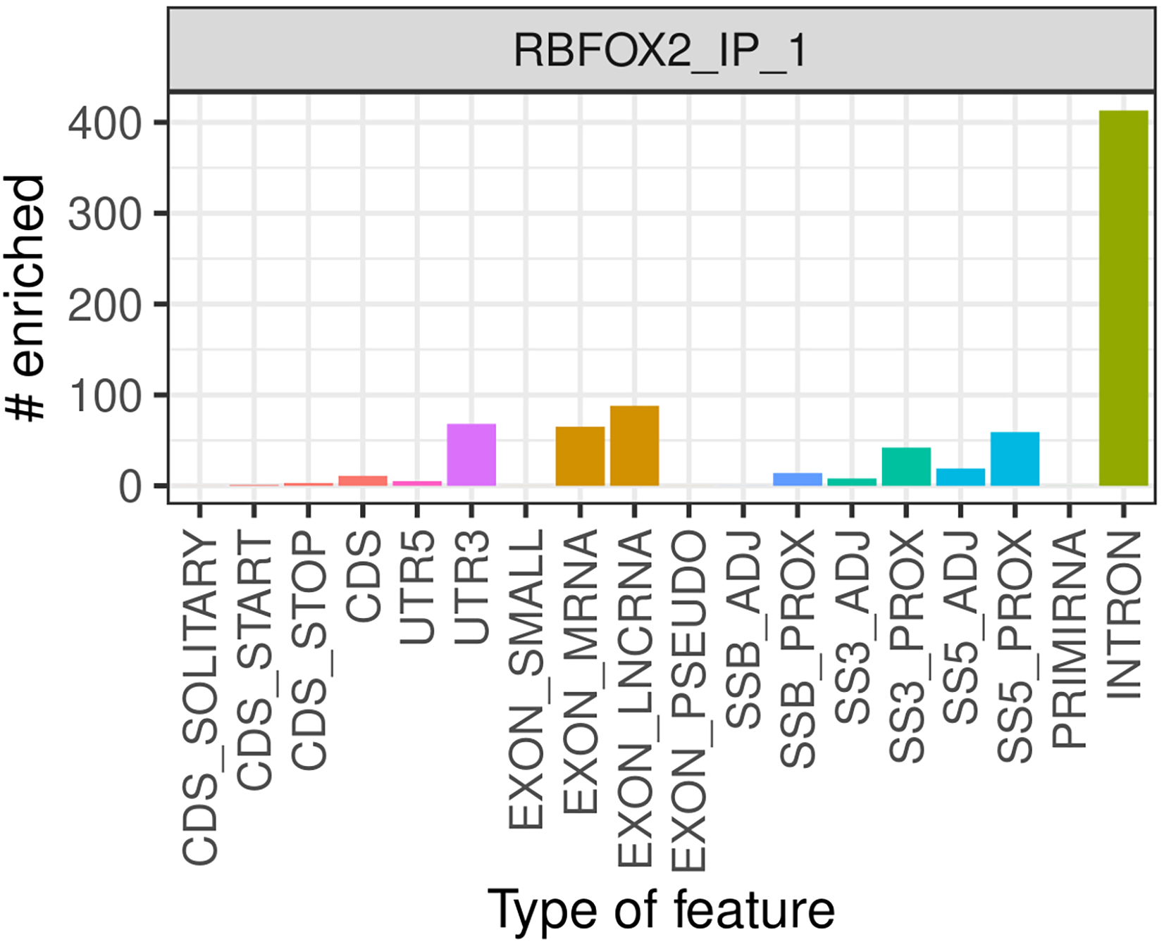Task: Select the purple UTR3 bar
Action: point(471,455)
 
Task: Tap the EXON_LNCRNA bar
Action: point(634,446)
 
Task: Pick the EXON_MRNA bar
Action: point(580,456)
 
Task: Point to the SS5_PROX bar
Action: point(1015,459)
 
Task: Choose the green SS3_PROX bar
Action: point(906,467)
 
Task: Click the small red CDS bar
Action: point(363,481)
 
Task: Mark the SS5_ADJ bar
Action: point(960,477)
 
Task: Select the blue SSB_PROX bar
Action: point(798,479)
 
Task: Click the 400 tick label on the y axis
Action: point(104,124)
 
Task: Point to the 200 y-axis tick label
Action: point(104,306)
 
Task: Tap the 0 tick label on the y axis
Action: point(131,486)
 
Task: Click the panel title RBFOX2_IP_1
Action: point(660,51)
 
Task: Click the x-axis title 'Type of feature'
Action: point(660,910)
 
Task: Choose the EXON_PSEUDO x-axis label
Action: point(689,701)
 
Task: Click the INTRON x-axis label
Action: point(1125,614)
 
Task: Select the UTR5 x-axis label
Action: point(417,588)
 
